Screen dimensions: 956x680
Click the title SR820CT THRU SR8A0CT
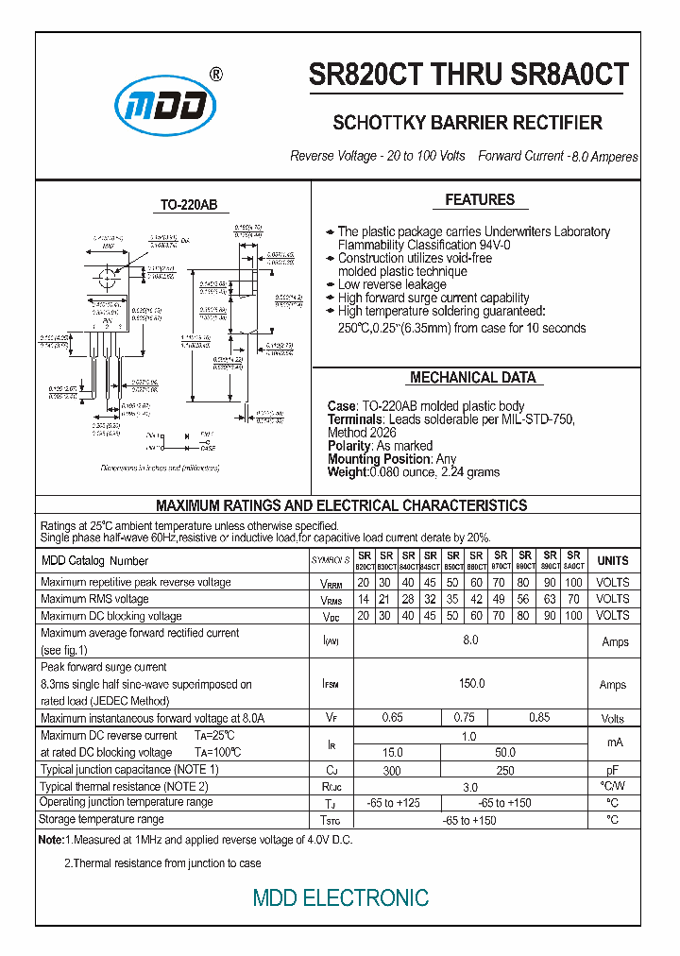click(x=468, y=77)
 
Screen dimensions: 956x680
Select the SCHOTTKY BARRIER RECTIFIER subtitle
click(x=467, y=124)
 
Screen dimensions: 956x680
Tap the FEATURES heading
click(x=480, y=199)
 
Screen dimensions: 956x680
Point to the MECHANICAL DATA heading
click(x=473, y=377)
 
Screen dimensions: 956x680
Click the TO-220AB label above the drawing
click(x=181, y=205)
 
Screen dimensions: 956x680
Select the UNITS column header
click(x=612, y=560)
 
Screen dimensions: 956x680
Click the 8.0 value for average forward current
click(x=471, y=641)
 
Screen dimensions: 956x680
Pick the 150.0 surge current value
click(x=471, y=684)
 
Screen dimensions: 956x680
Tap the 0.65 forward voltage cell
click(x=392, y=718)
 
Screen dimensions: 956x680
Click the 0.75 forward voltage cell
click(x=464, y=718)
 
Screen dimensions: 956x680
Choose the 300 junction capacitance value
click(x=392, y=770)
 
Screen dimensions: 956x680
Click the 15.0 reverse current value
click(x=392, y=752)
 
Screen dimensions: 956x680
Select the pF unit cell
click(x=612, y=770)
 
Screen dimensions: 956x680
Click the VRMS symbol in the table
click(x=331, y=599)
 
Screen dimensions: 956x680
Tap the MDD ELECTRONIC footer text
click(x=340, y=897)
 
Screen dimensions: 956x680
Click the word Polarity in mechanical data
click(x=348, y=446)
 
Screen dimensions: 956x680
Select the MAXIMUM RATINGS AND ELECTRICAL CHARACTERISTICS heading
click(x=341, y=505)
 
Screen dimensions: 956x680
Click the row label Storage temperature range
click(x=102, y=819)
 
